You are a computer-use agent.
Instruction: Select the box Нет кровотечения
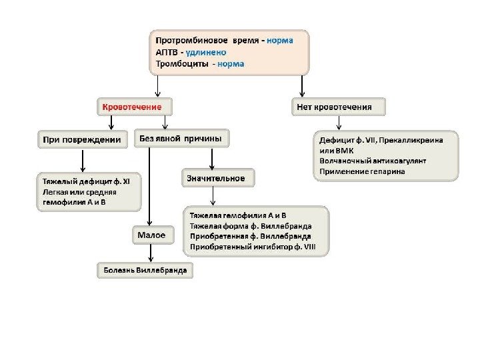(x=341, y=106)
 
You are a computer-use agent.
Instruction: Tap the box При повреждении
(x=82, y=140)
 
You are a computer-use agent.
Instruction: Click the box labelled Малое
(x=151, y=235)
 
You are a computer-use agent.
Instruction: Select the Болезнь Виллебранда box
(x=145, y=270)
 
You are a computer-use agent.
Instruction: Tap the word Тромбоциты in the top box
(x=179, y=64)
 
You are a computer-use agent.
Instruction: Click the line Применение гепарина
(x=362, y=171)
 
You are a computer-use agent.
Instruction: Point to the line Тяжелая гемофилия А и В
(x=238, y=216)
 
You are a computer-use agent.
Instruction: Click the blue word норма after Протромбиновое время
(x=279, y=40)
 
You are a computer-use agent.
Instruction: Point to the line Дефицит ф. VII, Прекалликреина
(x=385, y=140)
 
